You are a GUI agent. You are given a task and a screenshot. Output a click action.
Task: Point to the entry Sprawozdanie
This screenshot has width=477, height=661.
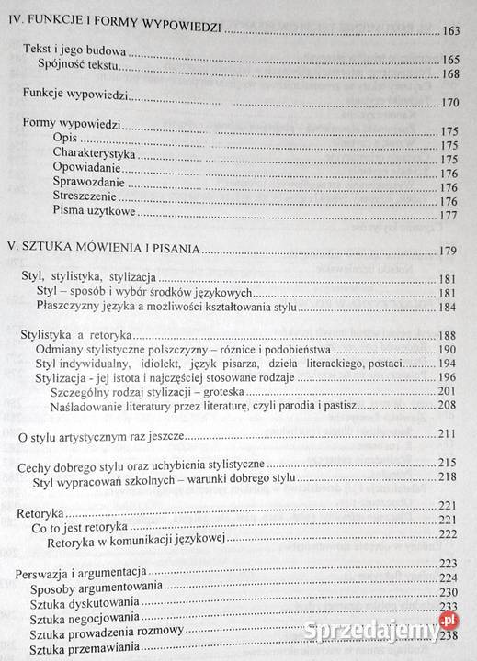coord(91,184)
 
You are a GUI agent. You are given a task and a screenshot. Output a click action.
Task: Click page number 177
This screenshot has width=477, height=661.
coord(449,217)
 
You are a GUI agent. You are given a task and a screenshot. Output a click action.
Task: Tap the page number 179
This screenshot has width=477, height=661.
coord(448,250)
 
